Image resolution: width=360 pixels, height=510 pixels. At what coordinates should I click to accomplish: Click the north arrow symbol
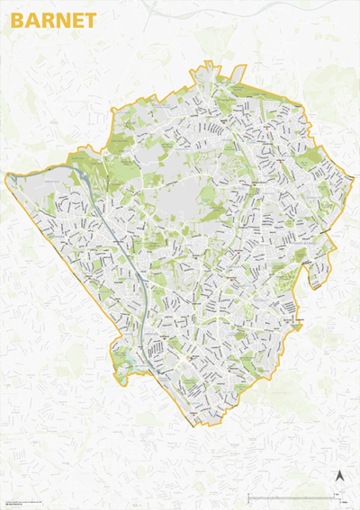pyautogui.click(x=340, y=478)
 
